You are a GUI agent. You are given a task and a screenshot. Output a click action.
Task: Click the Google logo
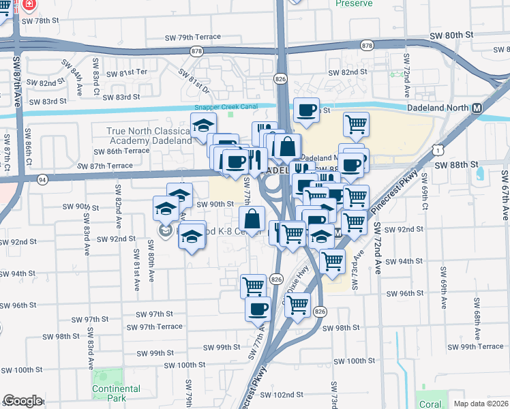tap(22, 401)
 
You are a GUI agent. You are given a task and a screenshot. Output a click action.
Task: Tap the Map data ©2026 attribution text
tap(481, 404)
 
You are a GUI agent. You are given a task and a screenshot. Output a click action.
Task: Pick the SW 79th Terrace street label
tap(194, 37)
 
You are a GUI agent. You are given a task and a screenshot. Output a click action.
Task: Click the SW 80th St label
tap(451, 35)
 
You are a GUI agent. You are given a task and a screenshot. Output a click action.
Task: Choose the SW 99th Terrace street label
tap(481, 347)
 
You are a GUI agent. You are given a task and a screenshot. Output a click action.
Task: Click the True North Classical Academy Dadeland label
tap(149, 136)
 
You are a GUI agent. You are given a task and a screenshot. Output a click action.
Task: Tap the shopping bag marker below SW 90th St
tap(252, 219)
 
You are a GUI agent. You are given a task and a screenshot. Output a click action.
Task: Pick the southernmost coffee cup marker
tap(258, 309)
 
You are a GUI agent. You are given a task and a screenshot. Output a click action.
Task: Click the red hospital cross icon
tap(29, 5)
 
